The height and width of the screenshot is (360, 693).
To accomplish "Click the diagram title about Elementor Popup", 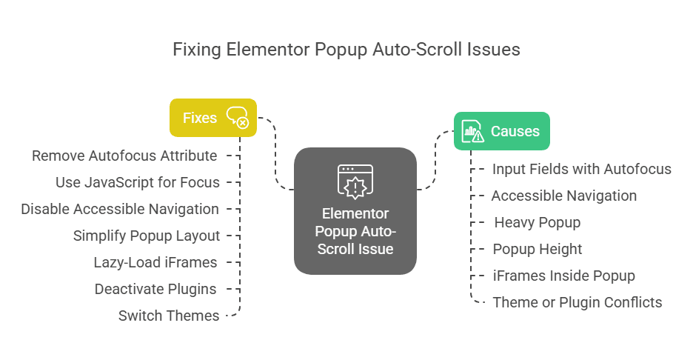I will [x=346, y=50].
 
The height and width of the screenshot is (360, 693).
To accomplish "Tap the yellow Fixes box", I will [x=213, y=118].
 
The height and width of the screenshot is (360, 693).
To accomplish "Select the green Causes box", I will [x=501, y=131].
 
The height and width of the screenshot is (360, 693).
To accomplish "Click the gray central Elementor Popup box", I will [x=355, y=211].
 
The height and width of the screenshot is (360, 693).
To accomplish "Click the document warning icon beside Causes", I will [x=472, y=131].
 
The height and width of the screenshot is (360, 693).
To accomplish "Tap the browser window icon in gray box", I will [x=355, y=180].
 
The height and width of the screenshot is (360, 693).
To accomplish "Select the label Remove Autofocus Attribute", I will [x=124, y=156].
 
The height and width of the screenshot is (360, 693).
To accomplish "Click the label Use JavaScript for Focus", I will [x=138, y=182].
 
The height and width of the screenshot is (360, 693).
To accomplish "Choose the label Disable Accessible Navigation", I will [x=120, y=209].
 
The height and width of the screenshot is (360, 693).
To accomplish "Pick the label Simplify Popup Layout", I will [x=147, y=236].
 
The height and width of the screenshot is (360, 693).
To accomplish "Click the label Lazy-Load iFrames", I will [x=155, y=262].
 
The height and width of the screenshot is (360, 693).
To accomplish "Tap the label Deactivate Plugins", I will [x=155, y=289].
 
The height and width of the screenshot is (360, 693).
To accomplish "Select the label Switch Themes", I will [x=169, y=316].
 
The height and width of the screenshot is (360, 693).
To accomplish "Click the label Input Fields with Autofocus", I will [x=582, y=169].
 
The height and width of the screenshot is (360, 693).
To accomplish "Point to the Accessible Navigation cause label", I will [x=564, y=196].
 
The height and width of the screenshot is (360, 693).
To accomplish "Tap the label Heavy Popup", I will [x=538, y=222].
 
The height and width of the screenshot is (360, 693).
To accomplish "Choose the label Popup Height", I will [x=538, y=249].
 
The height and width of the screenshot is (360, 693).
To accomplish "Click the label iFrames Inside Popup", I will [x=564, y=276].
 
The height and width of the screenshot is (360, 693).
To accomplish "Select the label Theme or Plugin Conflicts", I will [x=577, y=302].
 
